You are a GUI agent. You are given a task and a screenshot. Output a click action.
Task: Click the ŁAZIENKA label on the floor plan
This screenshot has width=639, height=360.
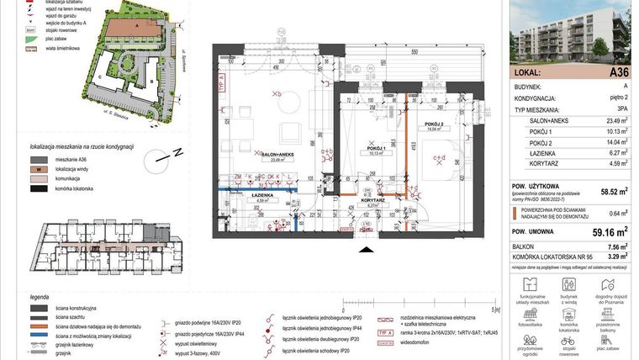click(238, 199)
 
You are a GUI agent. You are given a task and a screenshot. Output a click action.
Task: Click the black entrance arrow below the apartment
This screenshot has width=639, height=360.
click(364, 249)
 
